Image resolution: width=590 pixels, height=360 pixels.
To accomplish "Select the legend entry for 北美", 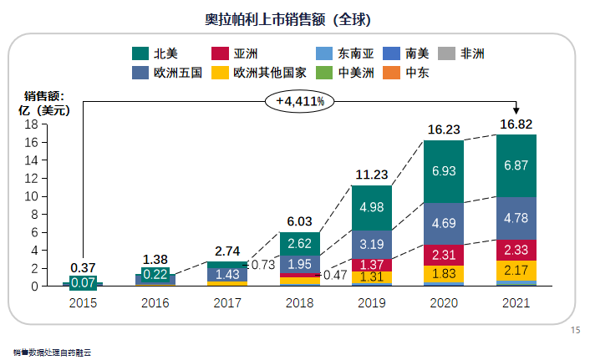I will click(x=159, y=54).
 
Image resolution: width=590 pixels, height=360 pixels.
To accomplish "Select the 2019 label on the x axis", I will click(x=371, y=303).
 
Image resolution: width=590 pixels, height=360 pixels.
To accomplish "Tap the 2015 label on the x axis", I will click(x=84, y=303).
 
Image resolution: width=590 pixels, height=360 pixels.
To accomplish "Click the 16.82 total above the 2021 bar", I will click(x=516, y=124).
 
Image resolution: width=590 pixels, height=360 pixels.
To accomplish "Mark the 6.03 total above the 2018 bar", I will click(x=299, y=222).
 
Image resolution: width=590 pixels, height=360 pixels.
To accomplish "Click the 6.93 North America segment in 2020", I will click(x=444, y=171).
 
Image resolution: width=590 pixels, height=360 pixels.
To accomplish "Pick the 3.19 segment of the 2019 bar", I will click(x=371, y=245).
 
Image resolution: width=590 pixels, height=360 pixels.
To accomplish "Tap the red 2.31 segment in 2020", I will click(x=444, y=256).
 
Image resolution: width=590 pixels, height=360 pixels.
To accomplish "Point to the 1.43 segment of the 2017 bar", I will click(x=226, y=274).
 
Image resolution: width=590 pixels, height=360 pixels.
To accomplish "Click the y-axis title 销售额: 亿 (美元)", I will click(x=46, y=103).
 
